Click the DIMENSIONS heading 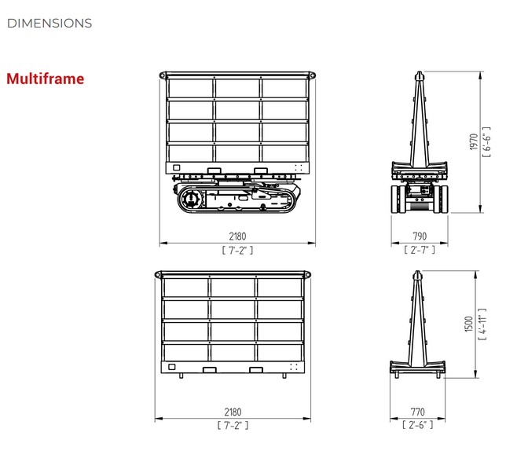[49, 24]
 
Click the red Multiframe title [45, 79]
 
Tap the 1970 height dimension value [474, 141]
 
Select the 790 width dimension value [420, 236]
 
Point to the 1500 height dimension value [469, 324]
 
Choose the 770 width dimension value [417, 412]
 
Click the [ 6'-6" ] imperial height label [486, 142]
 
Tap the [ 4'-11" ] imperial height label [482, 324]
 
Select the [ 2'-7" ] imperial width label [420, 250]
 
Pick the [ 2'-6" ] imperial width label [417, 425]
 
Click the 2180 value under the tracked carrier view [237, 236]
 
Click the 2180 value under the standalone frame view [233, 412]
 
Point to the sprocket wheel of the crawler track [191, 199]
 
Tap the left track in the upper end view [398, 199]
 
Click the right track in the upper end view [441, 199]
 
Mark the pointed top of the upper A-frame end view [419, 71]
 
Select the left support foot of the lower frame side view [181, 376]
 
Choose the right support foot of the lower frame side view [284, 376]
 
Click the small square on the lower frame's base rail [172, 367]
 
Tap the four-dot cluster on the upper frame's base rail [299, 167]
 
